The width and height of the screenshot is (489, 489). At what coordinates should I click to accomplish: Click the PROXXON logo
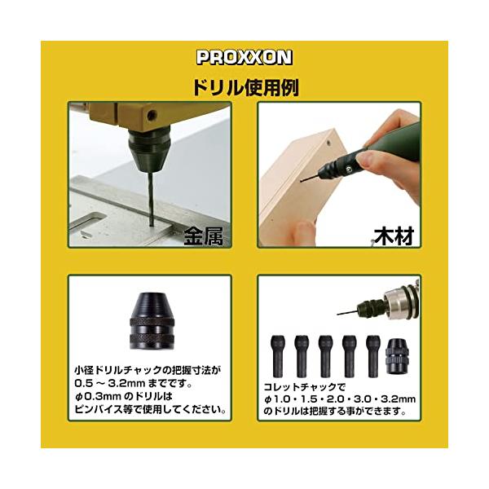tap(244, 57)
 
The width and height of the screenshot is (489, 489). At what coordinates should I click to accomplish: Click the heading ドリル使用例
tap(246, 88)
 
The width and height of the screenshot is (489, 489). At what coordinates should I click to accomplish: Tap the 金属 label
tap(203, 236)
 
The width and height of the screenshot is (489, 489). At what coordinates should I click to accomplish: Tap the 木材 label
tap(394, 236)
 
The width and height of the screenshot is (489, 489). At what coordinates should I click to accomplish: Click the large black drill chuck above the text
tap(152, 320)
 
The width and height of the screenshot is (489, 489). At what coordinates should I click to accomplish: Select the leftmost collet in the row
tap(278, 356)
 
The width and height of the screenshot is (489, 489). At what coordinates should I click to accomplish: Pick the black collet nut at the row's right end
tap(398, 356)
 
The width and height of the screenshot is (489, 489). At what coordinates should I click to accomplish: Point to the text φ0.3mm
tap(98, 396)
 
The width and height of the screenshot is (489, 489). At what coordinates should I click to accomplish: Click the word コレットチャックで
tap(305, 387)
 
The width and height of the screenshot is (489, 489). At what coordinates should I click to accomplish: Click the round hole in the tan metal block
tap(152, 116)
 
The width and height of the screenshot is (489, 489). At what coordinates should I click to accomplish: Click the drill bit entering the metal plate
tap(151, 199)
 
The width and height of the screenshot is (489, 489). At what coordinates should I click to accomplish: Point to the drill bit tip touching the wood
tap(302, 181)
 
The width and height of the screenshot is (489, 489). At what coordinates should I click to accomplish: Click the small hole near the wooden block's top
tap(328, 143)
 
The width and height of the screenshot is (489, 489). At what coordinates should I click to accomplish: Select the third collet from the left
tap(325, 356)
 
